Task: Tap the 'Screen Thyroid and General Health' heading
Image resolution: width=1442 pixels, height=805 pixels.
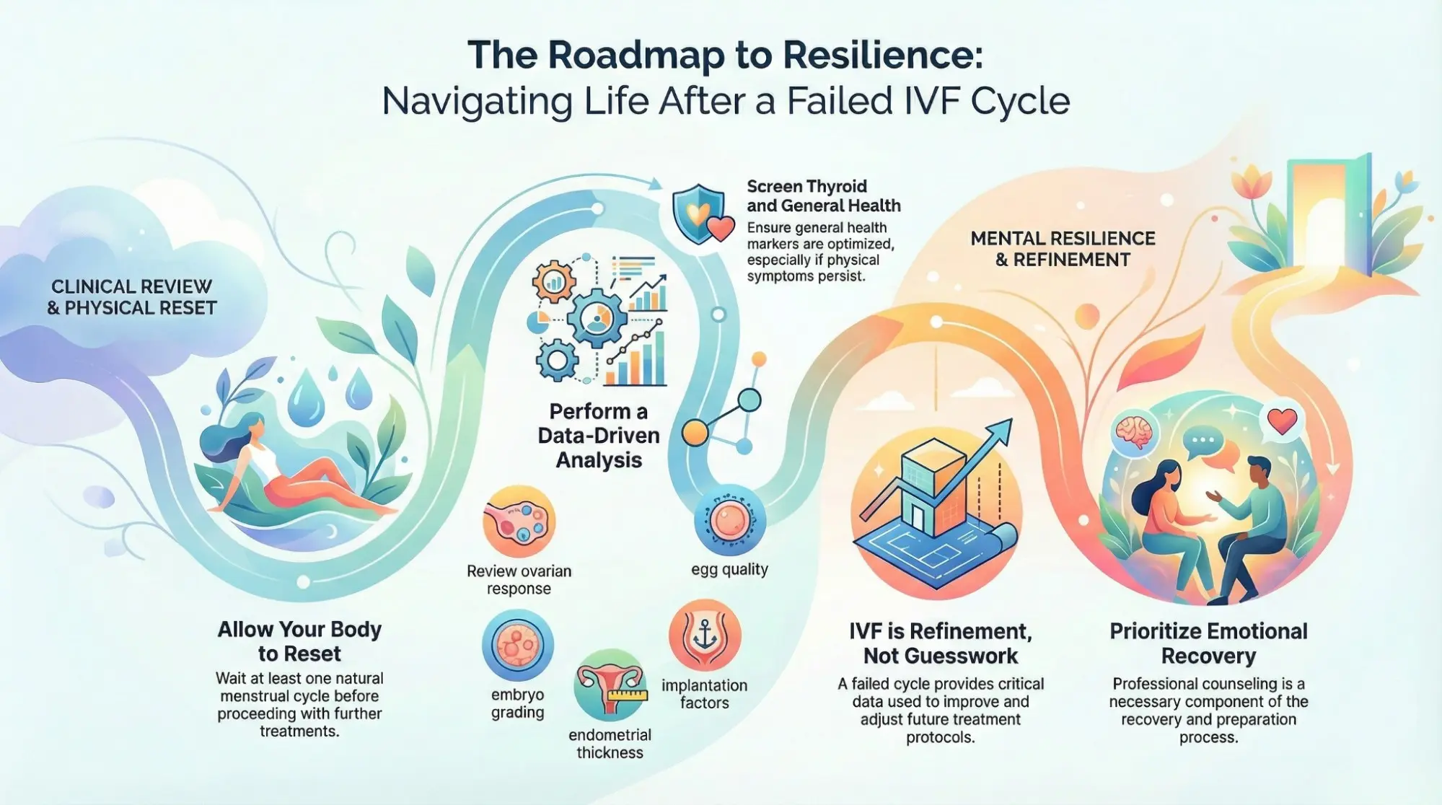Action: pos(823,196)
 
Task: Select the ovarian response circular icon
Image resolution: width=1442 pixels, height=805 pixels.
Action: pos(519,522)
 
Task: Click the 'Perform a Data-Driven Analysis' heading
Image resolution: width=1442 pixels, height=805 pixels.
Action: pos(599,436)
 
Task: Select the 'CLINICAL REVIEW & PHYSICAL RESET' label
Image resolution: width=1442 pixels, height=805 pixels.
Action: pos(131,297)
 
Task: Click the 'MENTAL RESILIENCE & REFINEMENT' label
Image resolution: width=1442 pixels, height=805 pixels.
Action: pos(1063,249)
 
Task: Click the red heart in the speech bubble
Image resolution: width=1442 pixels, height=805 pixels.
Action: pos(1282,421)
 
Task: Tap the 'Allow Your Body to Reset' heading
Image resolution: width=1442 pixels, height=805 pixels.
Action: pos(299,641)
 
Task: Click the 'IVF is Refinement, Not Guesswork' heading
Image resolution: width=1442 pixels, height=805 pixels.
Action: pos(940,643)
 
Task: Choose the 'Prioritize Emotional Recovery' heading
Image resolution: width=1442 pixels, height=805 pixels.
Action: pos(1208,643)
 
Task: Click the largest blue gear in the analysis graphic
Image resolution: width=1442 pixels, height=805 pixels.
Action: pos(597,318)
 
